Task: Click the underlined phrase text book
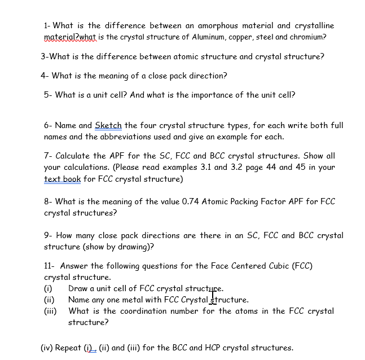(62, 179)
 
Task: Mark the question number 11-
(49, 266)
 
